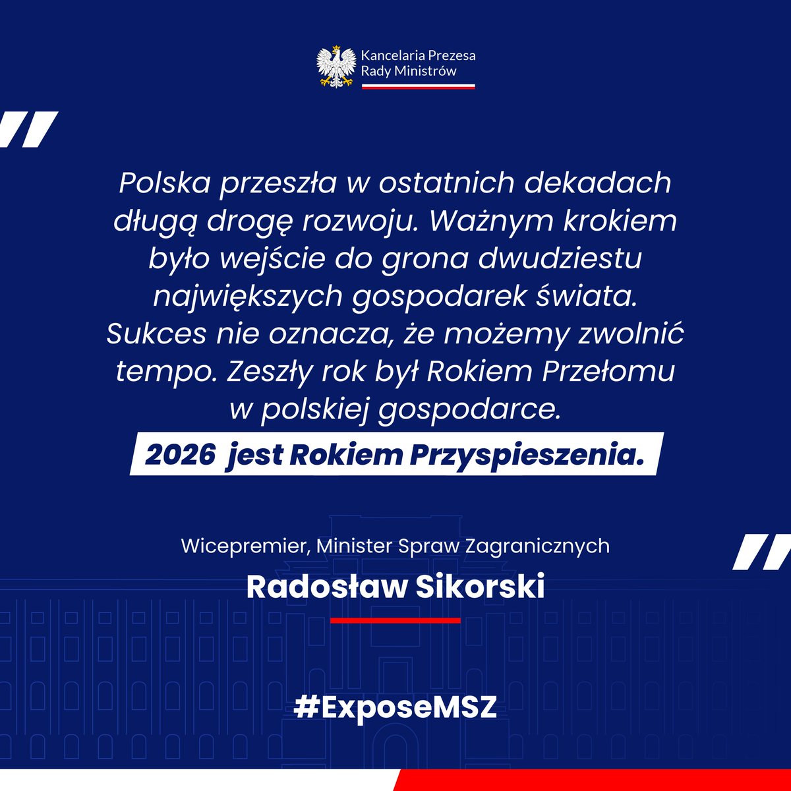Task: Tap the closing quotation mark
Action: tap(763, 552)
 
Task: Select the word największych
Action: tap(248, 297)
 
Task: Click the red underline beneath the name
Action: tap(395, 620)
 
